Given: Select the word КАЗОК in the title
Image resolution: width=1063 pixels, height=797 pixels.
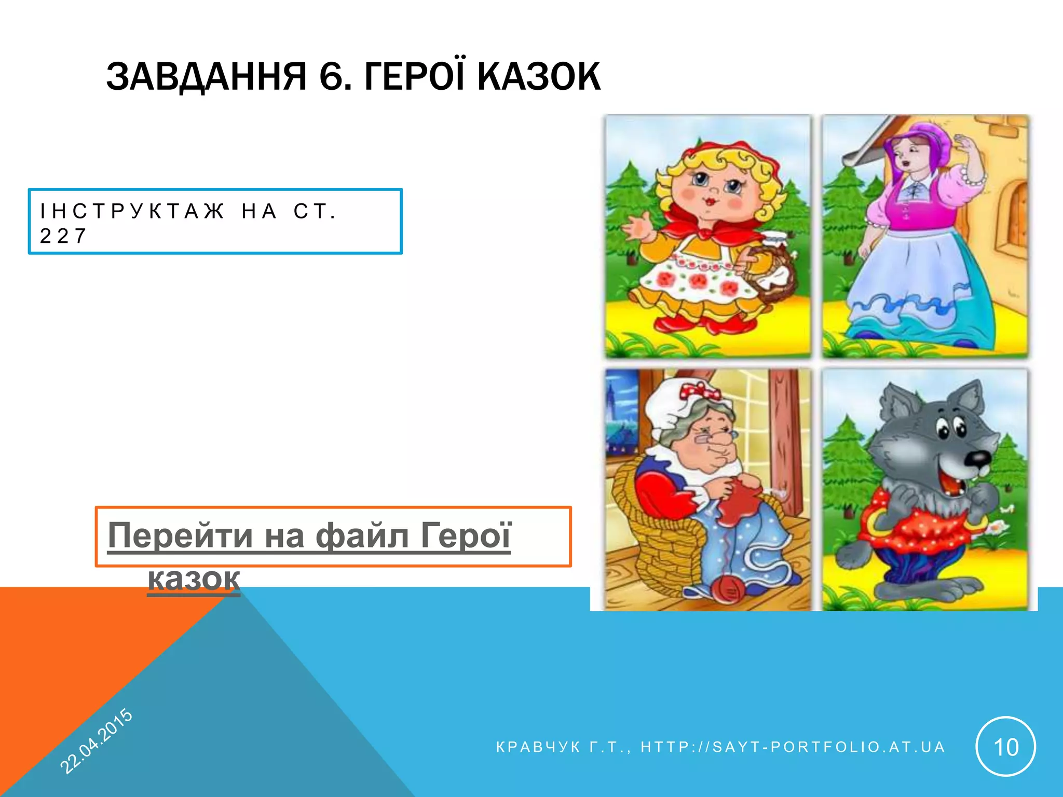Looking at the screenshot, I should click(x=539, y=77).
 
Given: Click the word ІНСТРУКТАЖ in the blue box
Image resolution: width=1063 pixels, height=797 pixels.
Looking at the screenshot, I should click(x=133, y=212).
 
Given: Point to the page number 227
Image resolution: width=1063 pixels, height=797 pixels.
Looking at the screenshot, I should click(x=63, y=237).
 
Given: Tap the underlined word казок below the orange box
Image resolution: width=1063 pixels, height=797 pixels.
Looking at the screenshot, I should click(x=194, y=579).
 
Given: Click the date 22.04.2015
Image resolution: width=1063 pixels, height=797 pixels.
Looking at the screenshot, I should click(x=97, y=740).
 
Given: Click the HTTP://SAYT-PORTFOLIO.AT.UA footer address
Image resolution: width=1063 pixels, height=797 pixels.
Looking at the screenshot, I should click(x=793, y=747).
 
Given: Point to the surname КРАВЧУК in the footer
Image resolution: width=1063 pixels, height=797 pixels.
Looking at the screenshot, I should click(x=538, y=747).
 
